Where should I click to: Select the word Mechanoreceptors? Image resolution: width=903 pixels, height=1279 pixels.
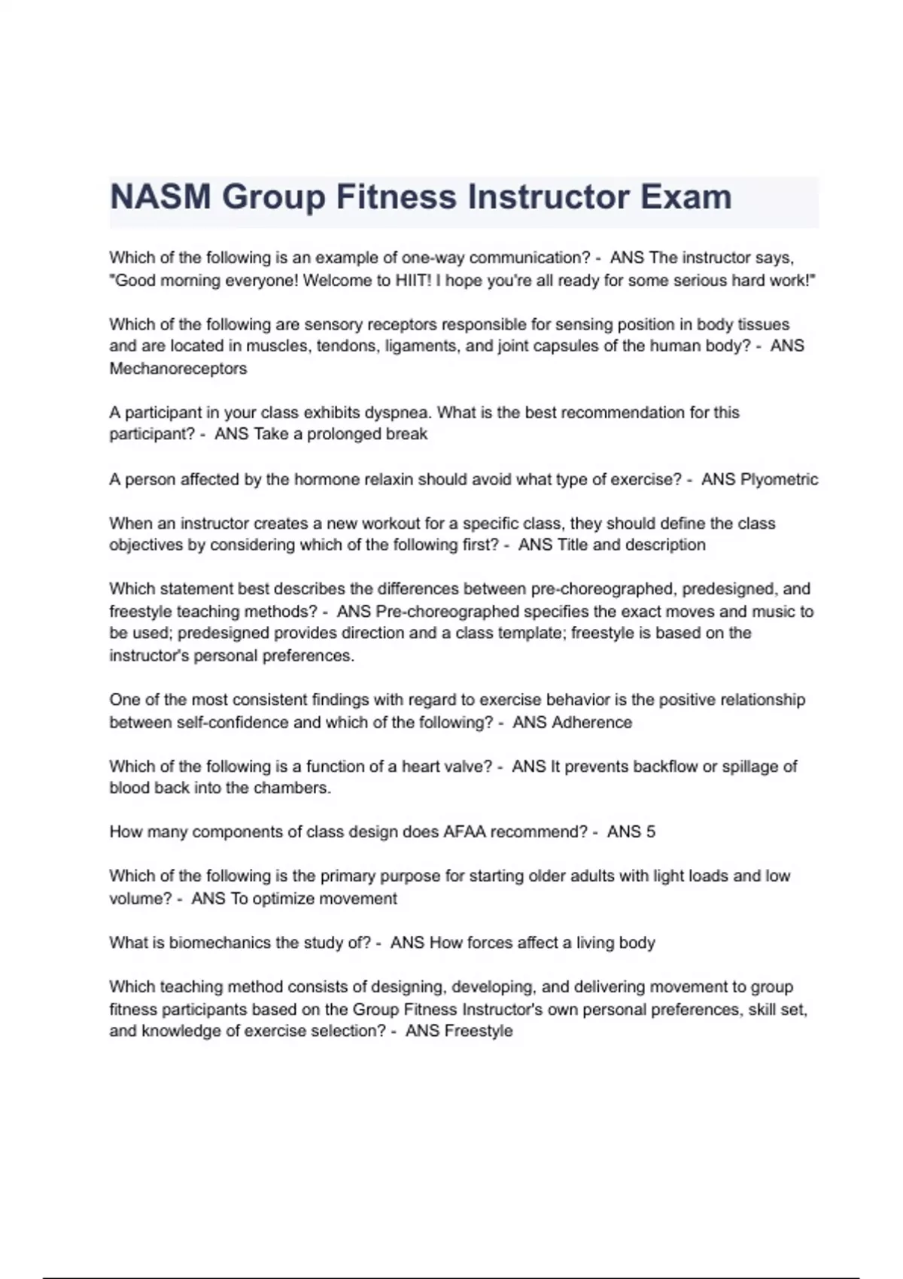pyautogui.click(x=178, y=369)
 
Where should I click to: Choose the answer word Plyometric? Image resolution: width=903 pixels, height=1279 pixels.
pyautogui.click(x=779, y=479)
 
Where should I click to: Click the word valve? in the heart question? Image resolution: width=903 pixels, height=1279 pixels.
pyautogui.click(x=467, y=767)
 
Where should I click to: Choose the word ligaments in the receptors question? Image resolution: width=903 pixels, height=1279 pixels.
pyautogui.click(x=418, y=347)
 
